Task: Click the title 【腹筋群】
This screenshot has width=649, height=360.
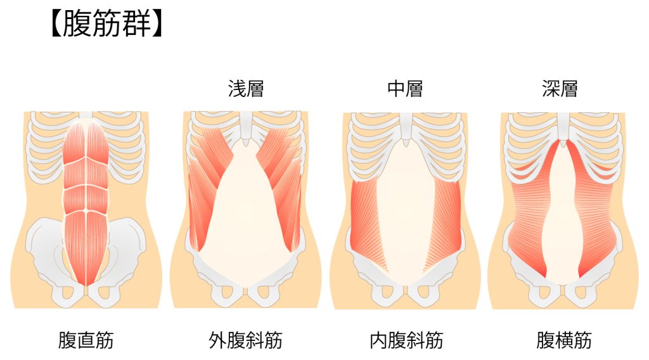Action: (x=106, y=24)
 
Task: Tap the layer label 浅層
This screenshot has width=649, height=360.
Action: (x=246, y=89)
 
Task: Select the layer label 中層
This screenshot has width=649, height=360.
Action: (x=405, y=89)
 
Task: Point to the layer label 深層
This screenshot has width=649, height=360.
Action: (x=560, y=89)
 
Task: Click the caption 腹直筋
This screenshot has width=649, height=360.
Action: (x=86, y=340)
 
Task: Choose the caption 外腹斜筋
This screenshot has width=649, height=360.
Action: (x=245, y=340)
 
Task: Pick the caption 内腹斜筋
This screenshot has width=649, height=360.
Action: (x=406, y=340)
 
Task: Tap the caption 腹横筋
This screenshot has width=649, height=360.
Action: (x=563, y=340)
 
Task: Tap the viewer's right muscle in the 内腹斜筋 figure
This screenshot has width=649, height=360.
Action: (x=445, y=219)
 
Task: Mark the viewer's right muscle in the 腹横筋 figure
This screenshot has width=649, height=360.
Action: (x=596, y=211)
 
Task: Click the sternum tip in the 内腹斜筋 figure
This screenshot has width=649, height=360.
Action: (x=405, y=143)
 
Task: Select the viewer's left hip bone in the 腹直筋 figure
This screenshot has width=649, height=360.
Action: (x=46, y=252)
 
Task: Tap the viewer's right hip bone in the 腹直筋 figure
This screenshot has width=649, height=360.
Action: (x=124, y=252)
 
